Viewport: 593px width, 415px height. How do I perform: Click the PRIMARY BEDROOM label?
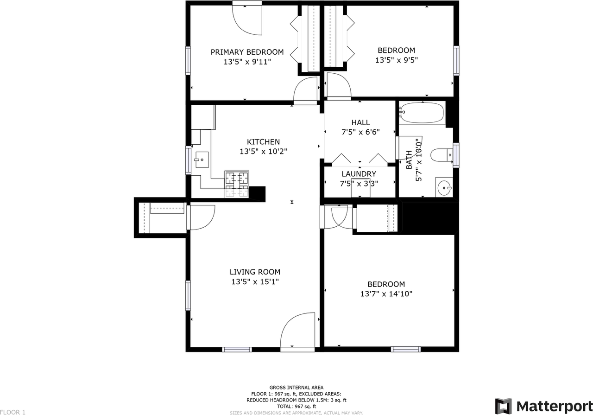pos(247,52)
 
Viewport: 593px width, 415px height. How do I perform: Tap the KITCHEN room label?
pos(263,142)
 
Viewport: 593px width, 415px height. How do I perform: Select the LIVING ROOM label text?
pos(255,272)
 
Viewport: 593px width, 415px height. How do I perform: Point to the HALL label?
pos(360,122)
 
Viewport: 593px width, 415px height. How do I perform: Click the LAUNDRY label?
pos(359,174)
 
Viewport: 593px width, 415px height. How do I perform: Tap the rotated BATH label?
pos(409,160)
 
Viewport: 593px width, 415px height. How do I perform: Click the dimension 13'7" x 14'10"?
pos(386,294)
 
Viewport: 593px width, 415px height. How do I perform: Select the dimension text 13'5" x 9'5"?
pos(396,60)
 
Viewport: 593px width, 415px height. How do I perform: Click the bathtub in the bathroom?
pos(422,112)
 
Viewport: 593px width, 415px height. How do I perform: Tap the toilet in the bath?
pos(441,155)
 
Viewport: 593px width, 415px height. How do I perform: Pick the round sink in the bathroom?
pos(444,188)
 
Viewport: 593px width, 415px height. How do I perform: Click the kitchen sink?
pos(201,160)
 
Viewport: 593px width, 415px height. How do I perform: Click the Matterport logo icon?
pos(503,406)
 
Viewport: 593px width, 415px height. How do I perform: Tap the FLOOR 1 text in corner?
pos(13,412)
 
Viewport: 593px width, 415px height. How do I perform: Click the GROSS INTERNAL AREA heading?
pos(296,387)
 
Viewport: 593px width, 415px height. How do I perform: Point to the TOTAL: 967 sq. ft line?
pos(296,406)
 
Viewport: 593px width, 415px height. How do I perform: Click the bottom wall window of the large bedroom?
pos(406,349)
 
